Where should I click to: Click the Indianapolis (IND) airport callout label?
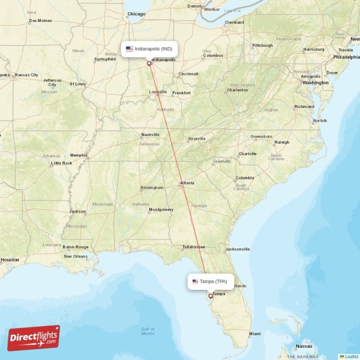pyautogui.click(x=149, y=49)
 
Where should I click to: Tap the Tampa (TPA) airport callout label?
pyautogui.click(x=211, y=282)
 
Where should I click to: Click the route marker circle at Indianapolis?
pyautogui.click(x=149, y=63)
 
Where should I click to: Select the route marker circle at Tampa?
pyautogui.click(x=210, y=296)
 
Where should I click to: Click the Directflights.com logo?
pyautogui.click(x=34, y=337)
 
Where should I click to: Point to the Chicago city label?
pyautogui.click(x=136, y=14)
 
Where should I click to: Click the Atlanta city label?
pyautogui.click(x=187, y=183)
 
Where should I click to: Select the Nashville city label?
pyautogui.click(x=150, y=135)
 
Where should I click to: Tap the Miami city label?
pyautogui.click(x=255, y=334)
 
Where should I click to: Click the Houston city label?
pyautogui.click(x=10, y=260)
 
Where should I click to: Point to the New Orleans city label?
pyautogui.click(x=76, y=256)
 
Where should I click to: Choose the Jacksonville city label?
pyautogui.click(x=237, y=249)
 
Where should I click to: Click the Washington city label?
pyautogui.click(x=315, y=83)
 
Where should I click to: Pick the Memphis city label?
pyautogui.click(x=79, y=155)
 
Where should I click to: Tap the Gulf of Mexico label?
pyautogui.click(x=148, y=331)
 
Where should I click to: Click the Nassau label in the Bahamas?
pyautogui.click(x=304, y=346)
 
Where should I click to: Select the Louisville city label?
pyautogui.click(x=158, y=92)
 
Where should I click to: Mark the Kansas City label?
pyautogui.click(x=27, y=75)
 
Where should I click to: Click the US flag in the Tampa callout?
pyautogui.click(x=195, y=282)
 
